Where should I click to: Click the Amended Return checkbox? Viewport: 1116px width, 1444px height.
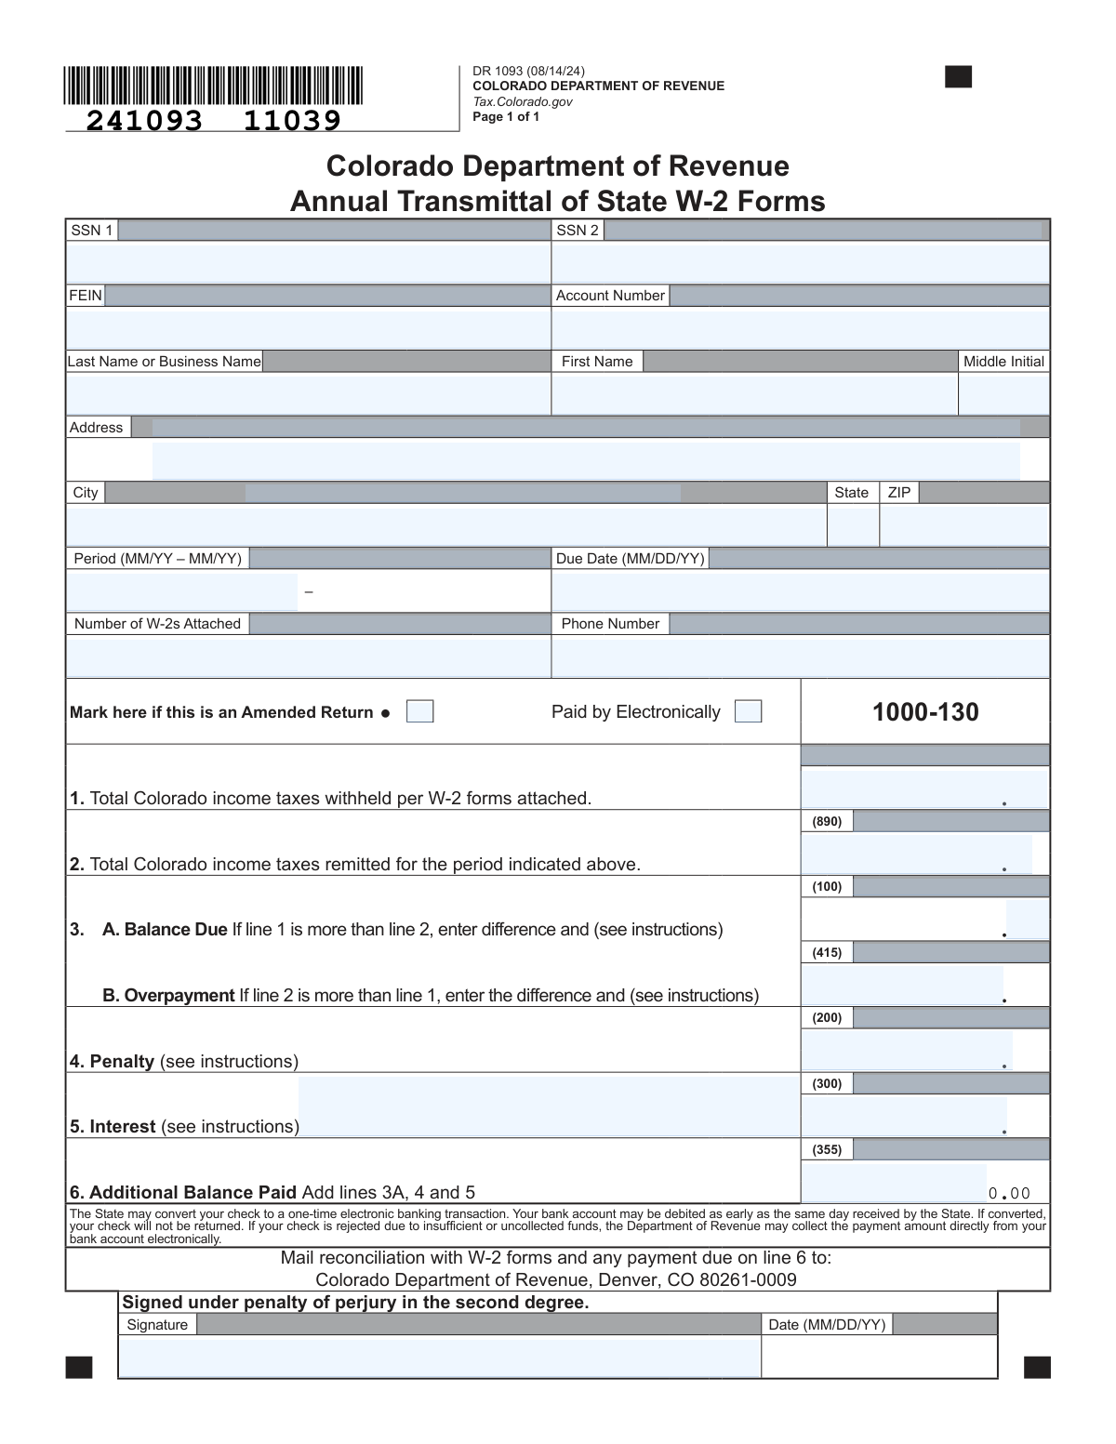tap(420, 711)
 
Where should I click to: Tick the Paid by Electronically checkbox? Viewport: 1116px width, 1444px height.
tap(748, 711)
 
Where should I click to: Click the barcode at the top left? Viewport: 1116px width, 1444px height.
tap(214, 86)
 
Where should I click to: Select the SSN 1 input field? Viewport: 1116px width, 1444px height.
tap(308, 262)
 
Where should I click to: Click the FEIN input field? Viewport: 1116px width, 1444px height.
tap(308, 328)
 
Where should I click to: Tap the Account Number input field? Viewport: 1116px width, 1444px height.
tap(800, 328)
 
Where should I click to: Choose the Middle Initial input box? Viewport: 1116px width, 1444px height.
tap(1003, 394)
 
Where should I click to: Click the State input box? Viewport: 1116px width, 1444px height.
tap(853, 526)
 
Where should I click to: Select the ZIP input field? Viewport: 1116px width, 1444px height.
tap(963, 526)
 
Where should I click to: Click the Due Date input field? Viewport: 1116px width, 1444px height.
tap(800, 592)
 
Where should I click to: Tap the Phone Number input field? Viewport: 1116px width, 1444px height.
tap(800, 657)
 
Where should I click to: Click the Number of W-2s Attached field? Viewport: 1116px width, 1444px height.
tap(308, 657)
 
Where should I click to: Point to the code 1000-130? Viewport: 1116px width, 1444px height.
tap(925, 712)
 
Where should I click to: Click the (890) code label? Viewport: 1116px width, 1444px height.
tap(827, 822)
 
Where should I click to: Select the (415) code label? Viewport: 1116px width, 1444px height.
tap(827, 953)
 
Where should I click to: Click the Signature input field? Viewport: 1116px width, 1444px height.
tap(439, 1358)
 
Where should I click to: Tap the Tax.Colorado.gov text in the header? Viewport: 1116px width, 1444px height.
tap(523, 101)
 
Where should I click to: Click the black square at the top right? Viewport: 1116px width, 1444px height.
tap(958, 77)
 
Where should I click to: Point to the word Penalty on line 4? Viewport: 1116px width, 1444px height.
tap(122, 1062)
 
